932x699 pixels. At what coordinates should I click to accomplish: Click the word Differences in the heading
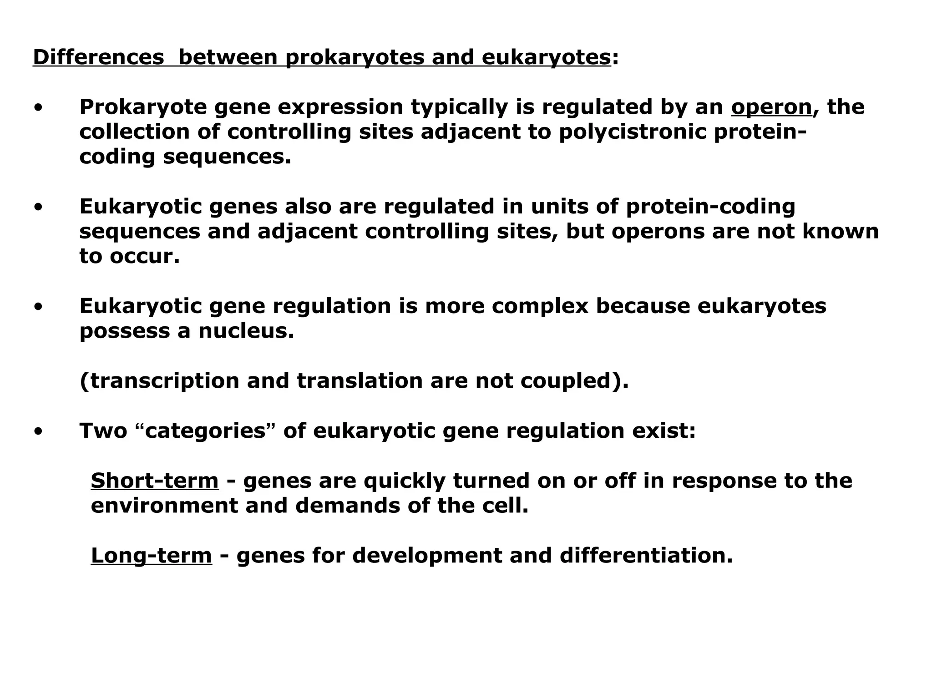point(98,57)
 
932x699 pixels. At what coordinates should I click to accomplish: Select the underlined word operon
point(771,107)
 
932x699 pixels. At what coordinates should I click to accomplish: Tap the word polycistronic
point(632,132)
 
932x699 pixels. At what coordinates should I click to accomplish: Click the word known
point(840,231)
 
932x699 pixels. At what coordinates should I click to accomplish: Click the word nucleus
point(246,331)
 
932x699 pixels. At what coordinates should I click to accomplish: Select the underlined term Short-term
point(155,481)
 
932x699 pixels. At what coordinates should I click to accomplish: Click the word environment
point(164,506)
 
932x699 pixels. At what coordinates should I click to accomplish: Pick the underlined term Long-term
point(151,555)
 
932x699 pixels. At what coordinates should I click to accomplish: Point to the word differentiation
point(646,555)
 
